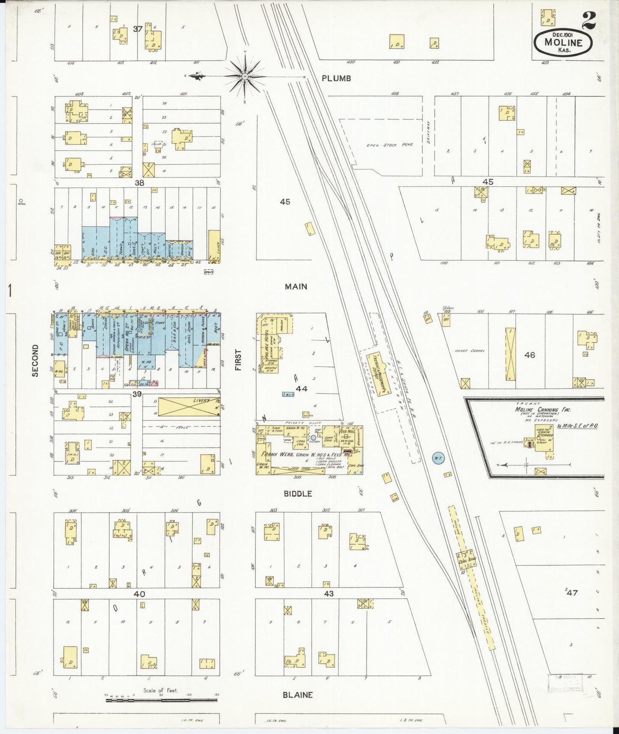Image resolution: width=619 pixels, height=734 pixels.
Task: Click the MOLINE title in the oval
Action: (563, 42)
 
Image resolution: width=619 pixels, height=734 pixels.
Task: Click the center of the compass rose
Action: (245, 77)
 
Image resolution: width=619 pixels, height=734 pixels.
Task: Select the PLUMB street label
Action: (336, 78)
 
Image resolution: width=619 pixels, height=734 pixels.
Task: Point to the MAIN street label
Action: (296, 286)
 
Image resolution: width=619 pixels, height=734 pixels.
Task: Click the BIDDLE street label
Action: (298, 494)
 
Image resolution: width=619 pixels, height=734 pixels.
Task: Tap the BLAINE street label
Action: (297, 695)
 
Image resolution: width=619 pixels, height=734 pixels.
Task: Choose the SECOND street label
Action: (35, 361)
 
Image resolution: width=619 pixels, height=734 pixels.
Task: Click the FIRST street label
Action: (238, 360)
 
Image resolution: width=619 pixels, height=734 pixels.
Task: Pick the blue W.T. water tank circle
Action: (438, 458)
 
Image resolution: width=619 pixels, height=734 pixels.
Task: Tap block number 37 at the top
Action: (137, 29)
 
